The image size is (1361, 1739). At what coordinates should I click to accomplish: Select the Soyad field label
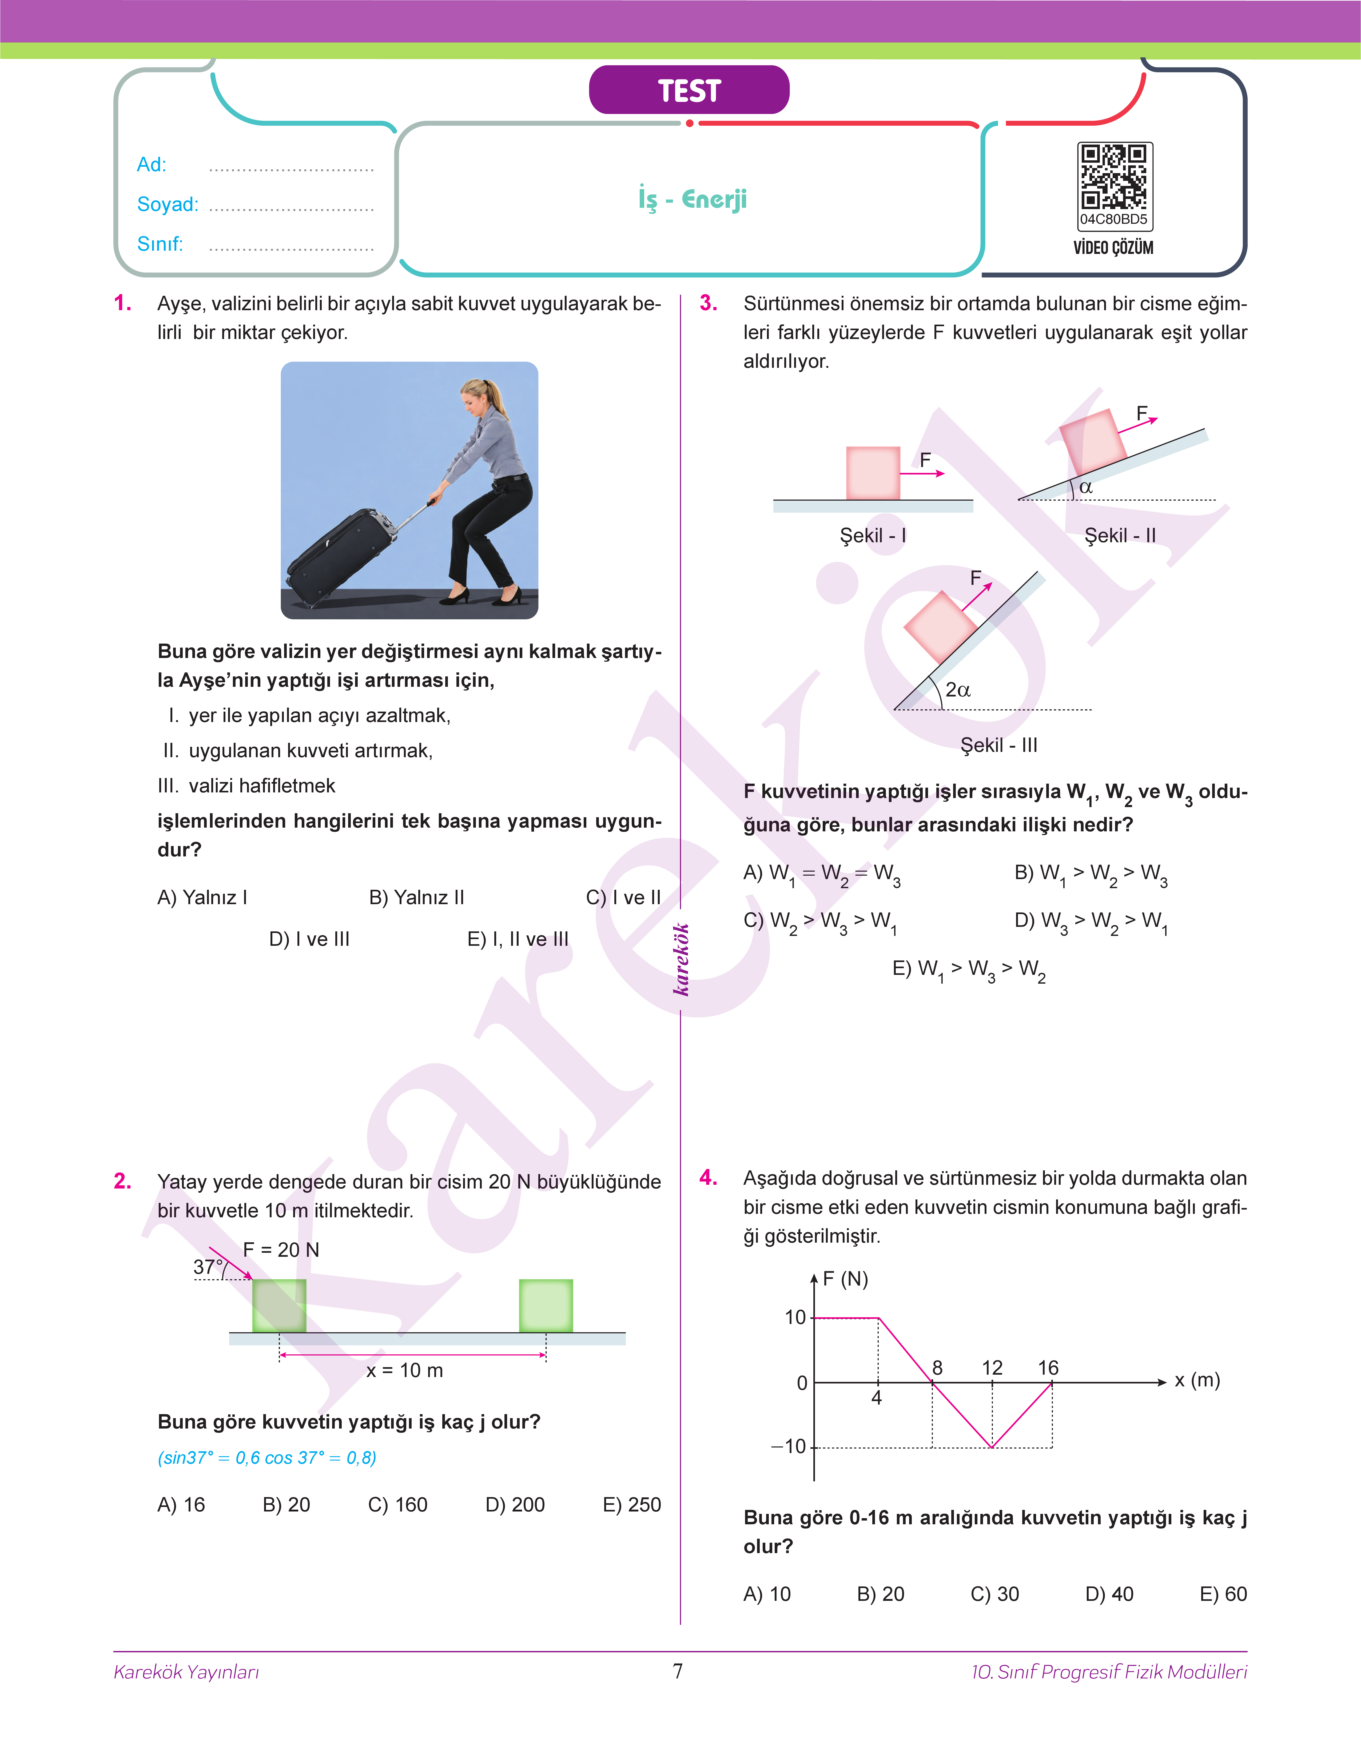click(167, 204)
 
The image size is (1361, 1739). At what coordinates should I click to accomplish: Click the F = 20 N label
click(280, 1250)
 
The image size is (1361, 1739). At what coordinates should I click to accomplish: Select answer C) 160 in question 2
click(398, 1505)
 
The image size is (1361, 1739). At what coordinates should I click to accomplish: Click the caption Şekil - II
click(1120, 535)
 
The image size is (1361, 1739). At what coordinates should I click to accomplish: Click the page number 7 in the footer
click(678, 1670)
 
